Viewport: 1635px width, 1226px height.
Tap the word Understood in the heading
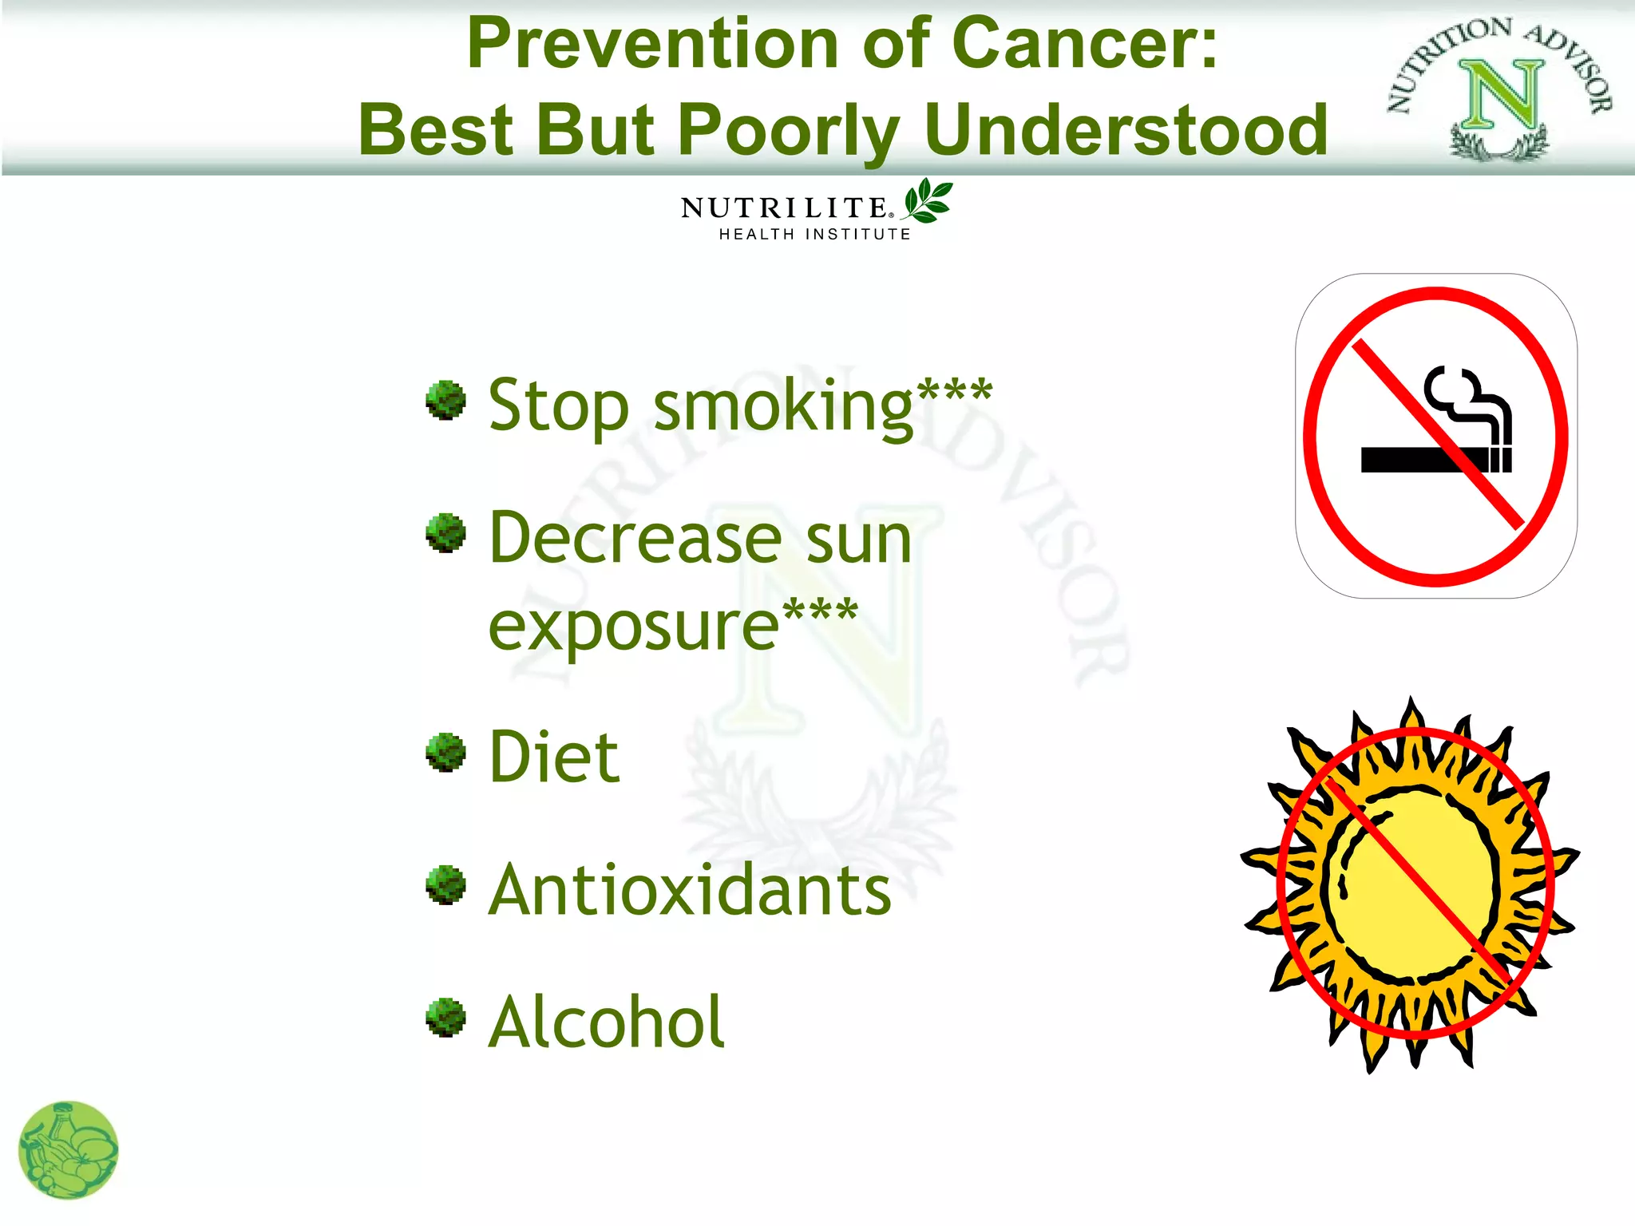[1126, 130]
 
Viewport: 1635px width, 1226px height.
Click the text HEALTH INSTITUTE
[814, 234]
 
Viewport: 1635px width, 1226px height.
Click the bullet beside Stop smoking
[445, 399]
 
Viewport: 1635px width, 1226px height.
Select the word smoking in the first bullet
[782, 407]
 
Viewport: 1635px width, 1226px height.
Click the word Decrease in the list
[635, 539]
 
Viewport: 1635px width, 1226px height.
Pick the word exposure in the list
[633, 627]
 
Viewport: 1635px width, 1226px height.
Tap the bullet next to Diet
[445, 752]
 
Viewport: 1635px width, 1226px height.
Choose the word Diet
[553, 757]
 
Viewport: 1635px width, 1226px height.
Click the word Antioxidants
[689, 889]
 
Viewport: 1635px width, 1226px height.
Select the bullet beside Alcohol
[445, 1018]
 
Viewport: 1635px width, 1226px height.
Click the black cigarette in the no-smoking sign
[1413, 460]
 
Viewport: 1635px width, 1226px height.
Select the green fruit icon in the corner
[68, 1150]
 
